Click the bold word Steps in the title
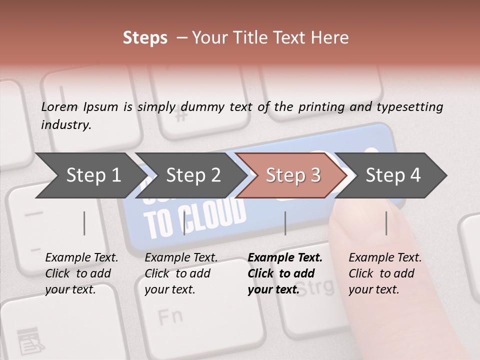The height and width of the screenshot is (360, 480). pos(145,38)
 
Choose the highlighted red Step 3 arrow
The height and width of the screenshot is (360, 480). pos(293,175)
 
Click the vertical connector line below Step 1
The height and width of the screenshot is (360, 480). pos(84,223)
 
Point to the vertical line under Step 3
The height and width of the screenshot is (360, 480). pos(285,223)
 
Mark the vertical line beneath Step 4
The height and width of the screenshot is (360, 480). pos(386,223)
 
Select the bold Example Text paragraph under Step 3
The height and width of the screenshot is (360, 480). pos(285,273)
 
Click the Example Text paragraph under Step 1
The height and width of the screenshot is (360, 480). pos(81,273)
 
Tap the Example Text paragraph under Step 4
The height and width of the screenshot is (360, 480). pos(385,273)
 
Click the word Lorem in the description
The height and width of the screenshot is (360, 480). pos(59,107)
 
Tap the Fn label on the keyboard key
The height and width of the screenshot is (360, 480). pos(170,316)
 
